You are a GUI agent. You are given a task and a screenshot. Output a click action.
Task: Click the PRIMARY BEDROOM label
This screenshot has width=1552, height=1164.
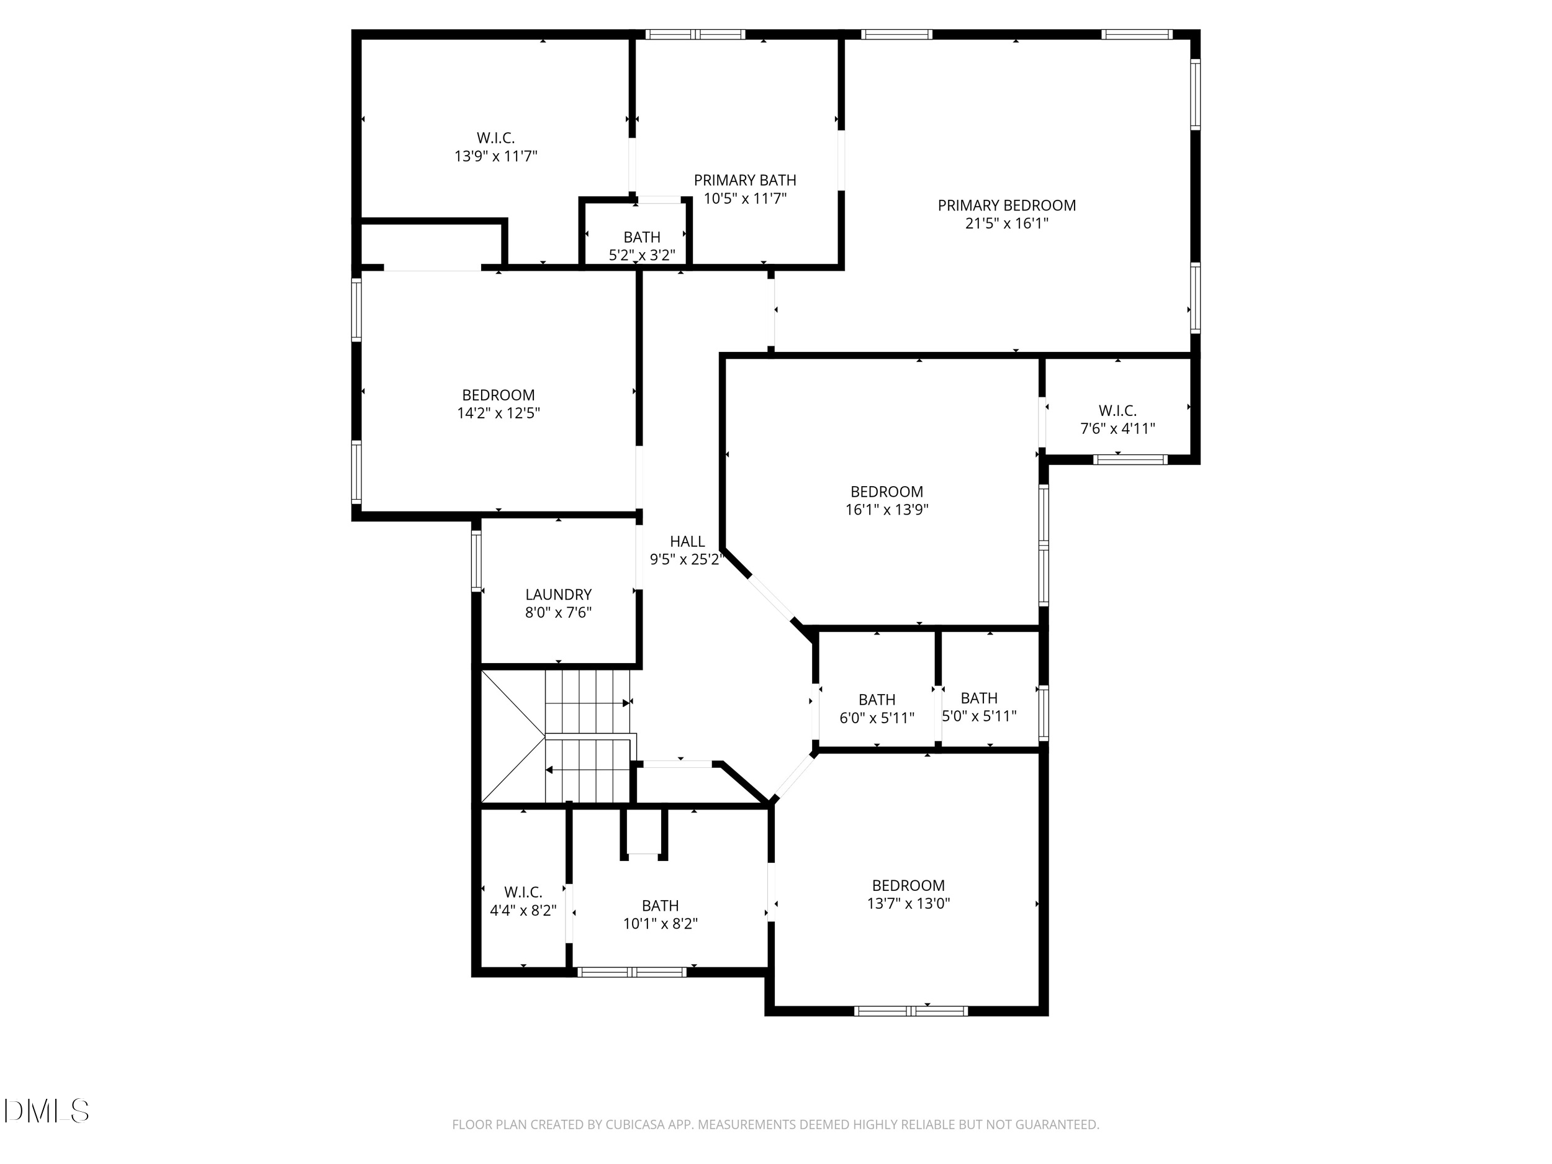click(1006, 205)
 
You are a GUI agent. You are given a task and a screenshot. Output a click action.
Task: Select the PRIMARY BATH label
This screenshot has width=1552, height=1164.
click(744, 180)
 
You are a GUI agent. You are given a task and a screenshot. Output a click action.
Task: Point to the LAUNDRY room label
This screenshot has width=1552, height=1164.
click(558, 594)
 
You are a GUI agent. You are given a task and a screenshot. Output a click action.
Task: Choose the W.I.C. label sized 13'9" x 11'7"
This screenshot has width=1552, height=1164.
click(495, 138)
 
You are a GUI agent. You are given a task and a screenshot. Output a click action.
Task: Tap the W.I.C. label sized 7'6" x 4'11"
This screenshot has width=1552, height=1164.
click(1117, 410)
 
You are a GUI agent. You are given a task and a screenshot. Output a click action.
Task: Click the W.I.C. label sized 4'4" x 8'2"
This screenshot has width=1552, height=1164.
click(523, 891)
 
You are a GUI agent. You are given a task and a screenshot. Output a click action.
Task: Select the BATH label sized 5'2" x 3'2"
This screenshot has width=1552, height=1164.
click(641, 237)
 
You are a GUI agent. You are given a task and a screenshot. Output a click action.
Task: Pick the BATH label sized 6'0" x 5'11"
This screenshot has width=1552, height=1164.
click(877, 700)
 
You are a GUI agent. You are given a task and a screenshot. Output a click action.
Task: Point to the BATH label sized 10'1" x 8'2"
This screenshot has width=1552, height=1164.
click(659, 906)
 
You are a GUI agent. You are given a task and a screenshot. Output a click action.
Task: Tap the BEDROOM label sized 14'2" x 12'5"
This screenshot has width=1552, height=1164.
click(498, 395)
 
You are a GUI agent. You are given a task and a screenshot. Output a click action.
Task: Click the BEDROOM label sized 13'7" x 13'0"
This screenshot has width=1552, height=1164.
click(908, 885)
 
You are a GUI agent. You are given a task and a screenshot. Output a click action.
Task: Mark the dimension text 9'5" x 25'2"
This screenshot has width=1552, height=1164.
click(685, 560)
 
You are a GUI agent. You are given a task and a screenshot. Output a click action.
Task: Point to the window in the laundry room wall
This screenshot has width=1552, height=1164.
click(476, 560)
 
